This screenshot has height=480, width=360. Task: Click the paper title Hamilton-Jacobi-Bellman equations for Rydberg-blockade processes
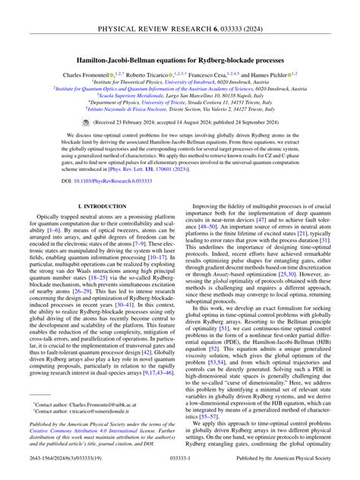pyautogui.click(x=180, y=58)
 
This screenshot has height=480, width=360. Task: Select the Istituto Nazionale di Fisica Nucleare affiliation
pyautogui.click(x=180, y=109)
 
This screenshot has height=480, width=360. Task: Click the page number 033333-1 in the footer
pyautogui.click(x=180, y=459)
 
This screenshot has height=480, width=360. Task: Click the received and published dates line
pyautogui.click(x=186, y=121)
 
